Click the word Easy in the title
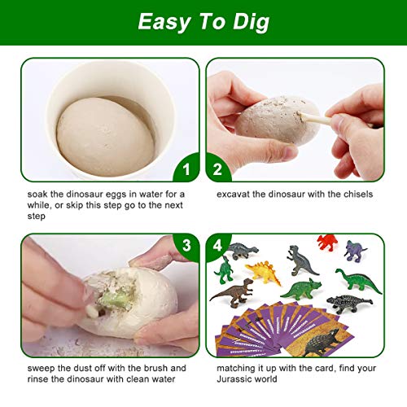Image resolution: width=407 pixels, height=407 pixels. pos(166,22)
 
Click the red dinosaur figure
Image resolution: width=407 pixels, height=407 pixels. pos(327,242)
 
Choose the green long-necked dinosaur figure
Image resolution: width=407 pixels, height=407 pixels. pos(358,282)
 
